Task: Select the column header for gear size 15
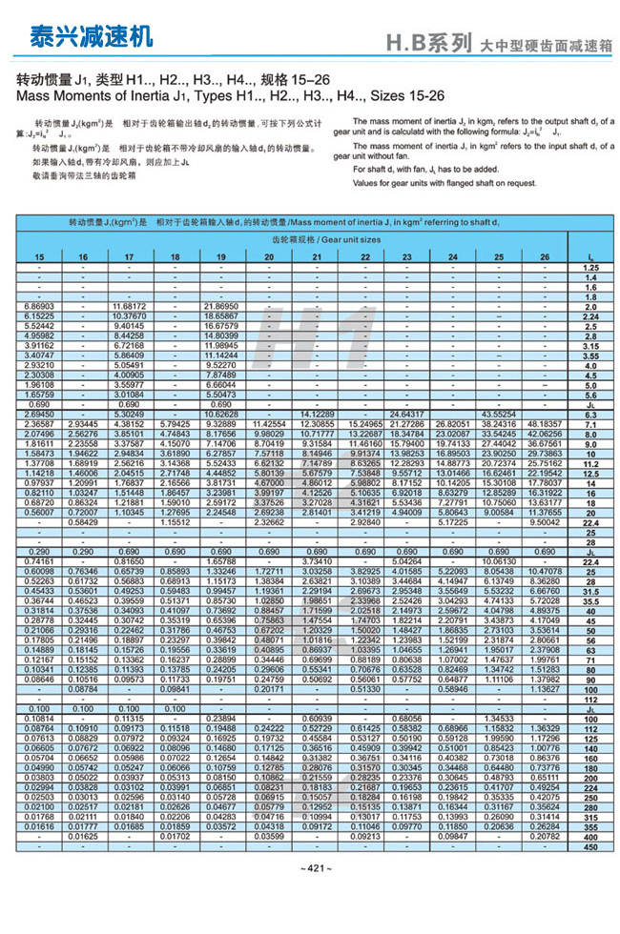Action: [x=38, y=257]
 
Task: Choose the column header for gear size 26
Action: [x=545, y=257]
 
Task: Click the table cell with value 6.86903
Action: [x=38, y=305]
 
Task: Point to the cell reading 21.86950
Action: [x=221, y=305]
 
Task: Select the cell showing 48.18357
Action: [x=545, y=423]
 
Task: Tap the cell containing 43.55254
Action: [x=499, y=414]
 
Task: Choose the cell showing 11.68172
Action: [x=130, y=305]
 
